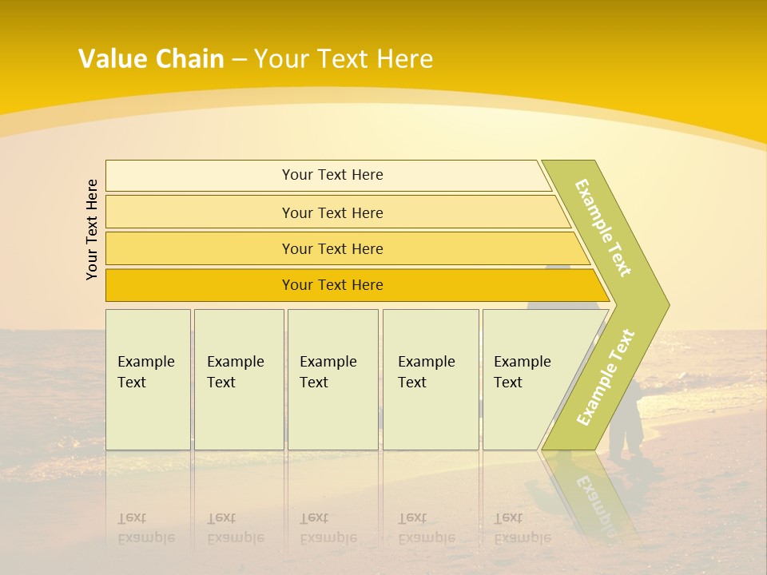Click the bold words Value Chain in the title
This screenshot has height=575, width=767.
tap(151, 59)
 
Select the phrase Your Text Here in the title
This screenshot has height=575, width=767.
tap(344, 59)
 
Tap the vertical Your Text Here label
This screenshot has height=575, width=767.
tap(92, 229)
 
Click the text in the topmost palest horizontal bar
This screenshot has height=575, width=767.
tap(332, 175)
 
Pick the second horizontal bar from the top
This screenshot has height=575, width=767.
tap(332, 212)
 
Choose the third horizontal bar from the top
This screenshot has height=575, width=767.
tap(332, 249)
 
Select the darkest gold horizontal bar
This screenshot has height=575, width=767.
tap(332, 285)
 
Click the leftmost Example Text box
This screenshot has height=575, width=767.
tap(148, 379)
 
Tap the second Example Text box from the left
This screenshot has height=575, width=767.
tap(238, 379)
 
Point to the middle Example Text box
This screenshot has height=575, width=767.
tap(332, 379)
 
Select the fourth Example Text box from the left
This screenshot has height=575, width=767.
tap(431, 379)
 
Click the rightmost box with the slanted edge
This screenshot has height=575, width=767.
tap(527, 379)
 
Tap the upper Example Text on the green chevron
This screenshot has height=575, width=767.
tap(603, 228)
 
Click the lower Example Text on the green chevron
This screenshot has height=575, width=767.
tap(606, 377)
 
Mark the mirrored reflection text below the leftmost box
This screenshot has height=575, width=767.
tap(145, 528)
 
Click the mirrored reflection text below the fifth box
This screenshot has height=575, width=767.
tap(522, 528)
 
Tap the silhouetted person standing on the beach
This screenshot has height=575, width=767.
tap(627, 419)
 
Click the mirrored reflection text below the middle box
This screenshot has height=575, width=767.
tap(328, 528)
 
